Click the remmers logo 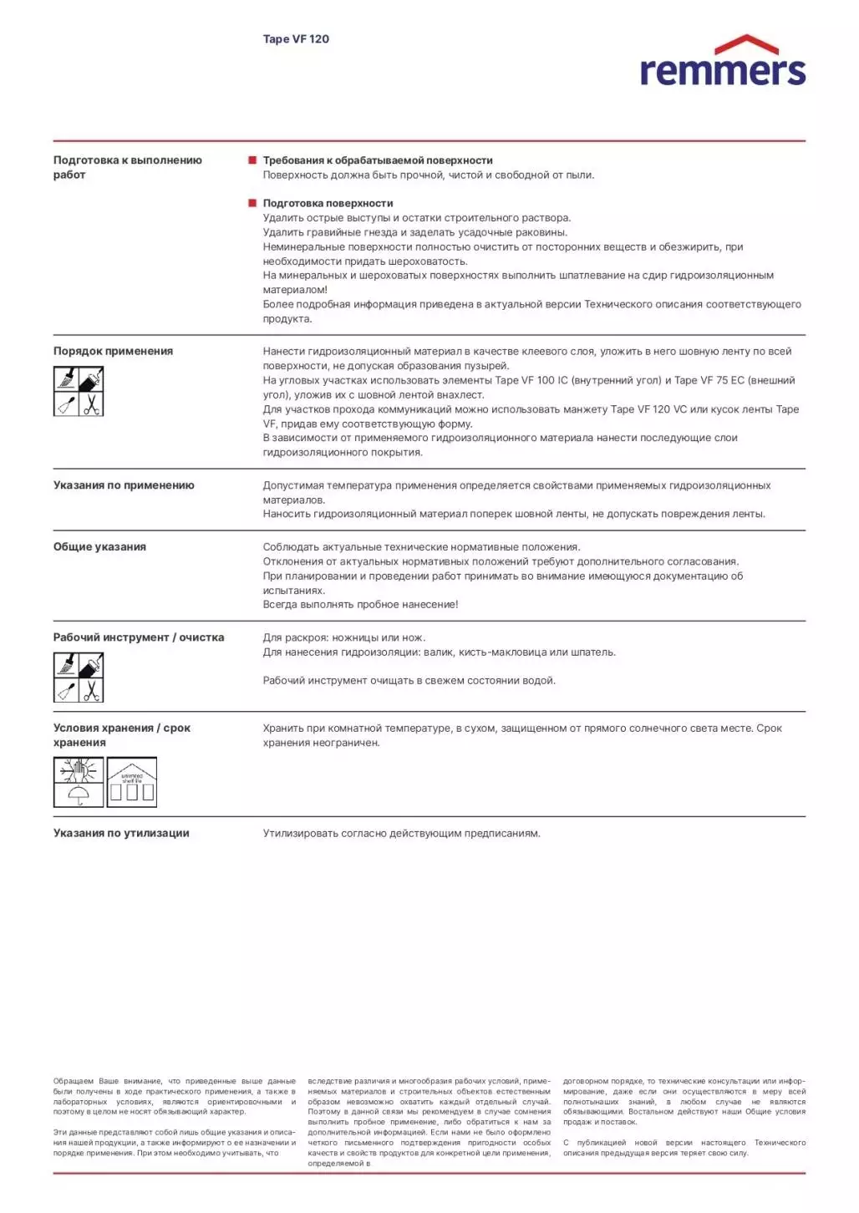tap(722, 63)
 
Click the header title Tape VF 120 tap(296, 39)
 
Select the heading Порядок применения tap(113, 352)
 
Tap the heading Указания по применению tap(124, 485)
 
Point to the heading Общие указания tap(99, 547)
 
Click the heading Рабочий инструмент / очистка tap(139, 637)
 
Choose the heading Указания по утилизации tap(121, 834)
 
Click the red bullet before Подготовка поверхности tap(252, 203)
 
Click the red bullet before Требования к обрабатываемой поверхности tap(252, 160)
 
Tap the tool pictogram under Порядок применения tap(79, 392)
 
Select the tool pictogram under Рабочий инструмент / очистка tap(79, 678)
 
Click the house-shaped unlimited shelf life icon tap(132, 783)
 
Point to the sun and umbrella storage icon tap(79, 783)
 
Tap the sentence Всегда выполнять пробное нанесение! tap(360, 605)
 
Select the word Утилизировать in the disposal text tap(301, 834)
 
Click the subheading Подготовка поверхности tap(328, 204)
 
